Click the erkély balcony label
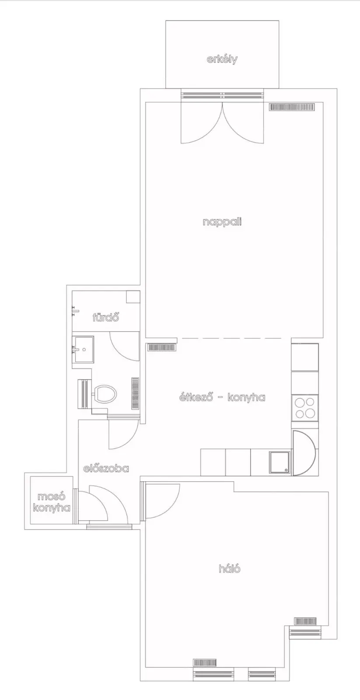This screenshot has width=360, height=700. coord(222,59)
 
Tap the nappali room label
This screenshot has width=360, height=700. coord(222,222)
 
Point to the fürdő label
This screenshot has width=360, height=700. coord(106,318)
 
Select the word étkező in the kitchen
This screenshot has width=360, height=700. coord(196,397)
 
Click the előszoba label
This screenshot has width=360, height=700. coord(106,469)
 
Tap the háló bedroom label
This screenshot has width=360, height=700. coord(230,569)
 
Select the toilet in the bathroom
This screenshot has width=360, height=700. coord(105,394)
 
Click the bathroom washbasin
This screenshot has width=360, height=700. coord(83,350)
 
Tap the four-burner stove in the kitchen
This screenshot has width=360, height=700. coord(305,408)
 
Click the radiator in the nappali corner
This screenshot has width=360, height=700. coord(292,107)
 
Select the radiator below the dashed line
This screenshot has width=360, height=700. coord(161,347)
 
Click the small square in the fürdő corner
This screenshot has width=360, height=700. coord(133,297)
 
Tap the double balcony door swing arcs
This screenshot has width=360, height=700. coord(222,123)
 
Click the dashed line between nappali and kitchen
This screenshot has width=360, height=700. coord(234,338)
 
